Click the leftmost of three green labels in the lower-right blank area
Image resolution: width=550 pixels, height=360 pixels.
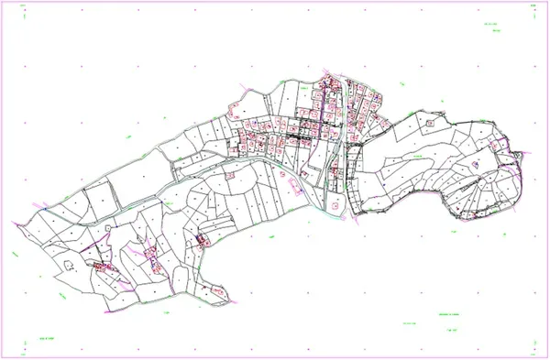[x=407, y=322]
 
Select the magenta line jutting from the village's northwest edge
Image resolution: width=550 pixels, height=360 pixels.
[x=241, y=90]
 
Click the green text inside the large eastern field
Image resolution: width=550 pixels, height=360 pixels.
[x=416, y=158]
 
